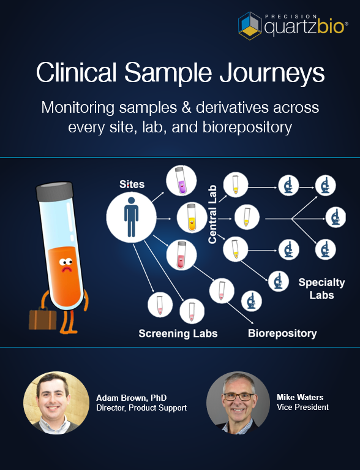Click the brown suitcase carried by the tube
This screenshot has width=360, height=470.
pos(43,319)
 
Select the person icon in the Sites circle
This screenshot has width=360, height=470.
pos(131,217)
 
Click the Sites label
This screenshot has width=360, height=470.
pos(132,184)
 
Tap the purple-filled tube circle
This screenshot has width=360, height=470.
pos(181,181)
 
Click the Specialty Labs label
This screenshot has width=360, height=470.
pos(317,289)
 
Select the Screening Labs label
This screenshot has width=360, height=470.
pos(178,333)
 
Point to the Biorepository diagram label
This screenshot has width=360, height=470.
pos(282,333)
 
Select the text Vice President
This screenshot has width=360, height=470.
pos(302,407)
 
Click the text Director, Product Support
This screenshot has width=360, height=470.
pos(141,408)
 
